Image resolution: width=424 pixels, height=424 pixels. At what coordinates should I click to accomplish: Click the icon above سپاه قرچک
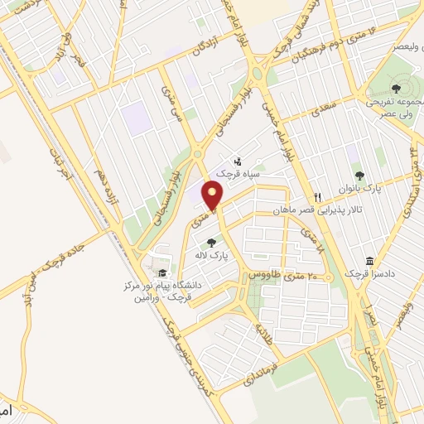[238, 161]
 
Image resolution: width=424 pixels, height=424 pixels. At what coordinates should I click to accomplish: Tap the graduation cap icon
[162, 273]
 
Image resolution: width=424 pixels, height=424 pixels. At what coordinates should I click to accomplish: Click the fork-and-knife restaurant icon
[317, 198]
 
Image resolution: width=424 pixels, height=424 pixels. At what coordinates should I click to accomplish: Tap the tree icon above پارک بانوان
[359, 174]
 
